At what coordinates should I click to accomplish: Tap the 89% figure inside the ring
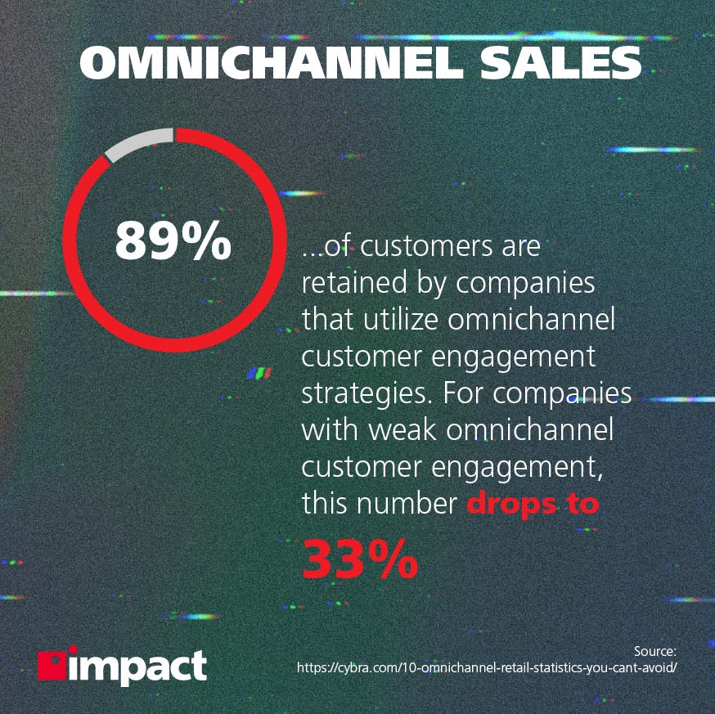(x=173, y=240)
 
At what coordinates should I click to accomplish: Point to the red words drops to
(x=533, y=503)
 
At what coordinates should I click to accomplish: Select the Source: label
(x=654, y=651)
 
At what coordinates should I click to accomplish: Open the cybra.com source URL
(x=487, y=668)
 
